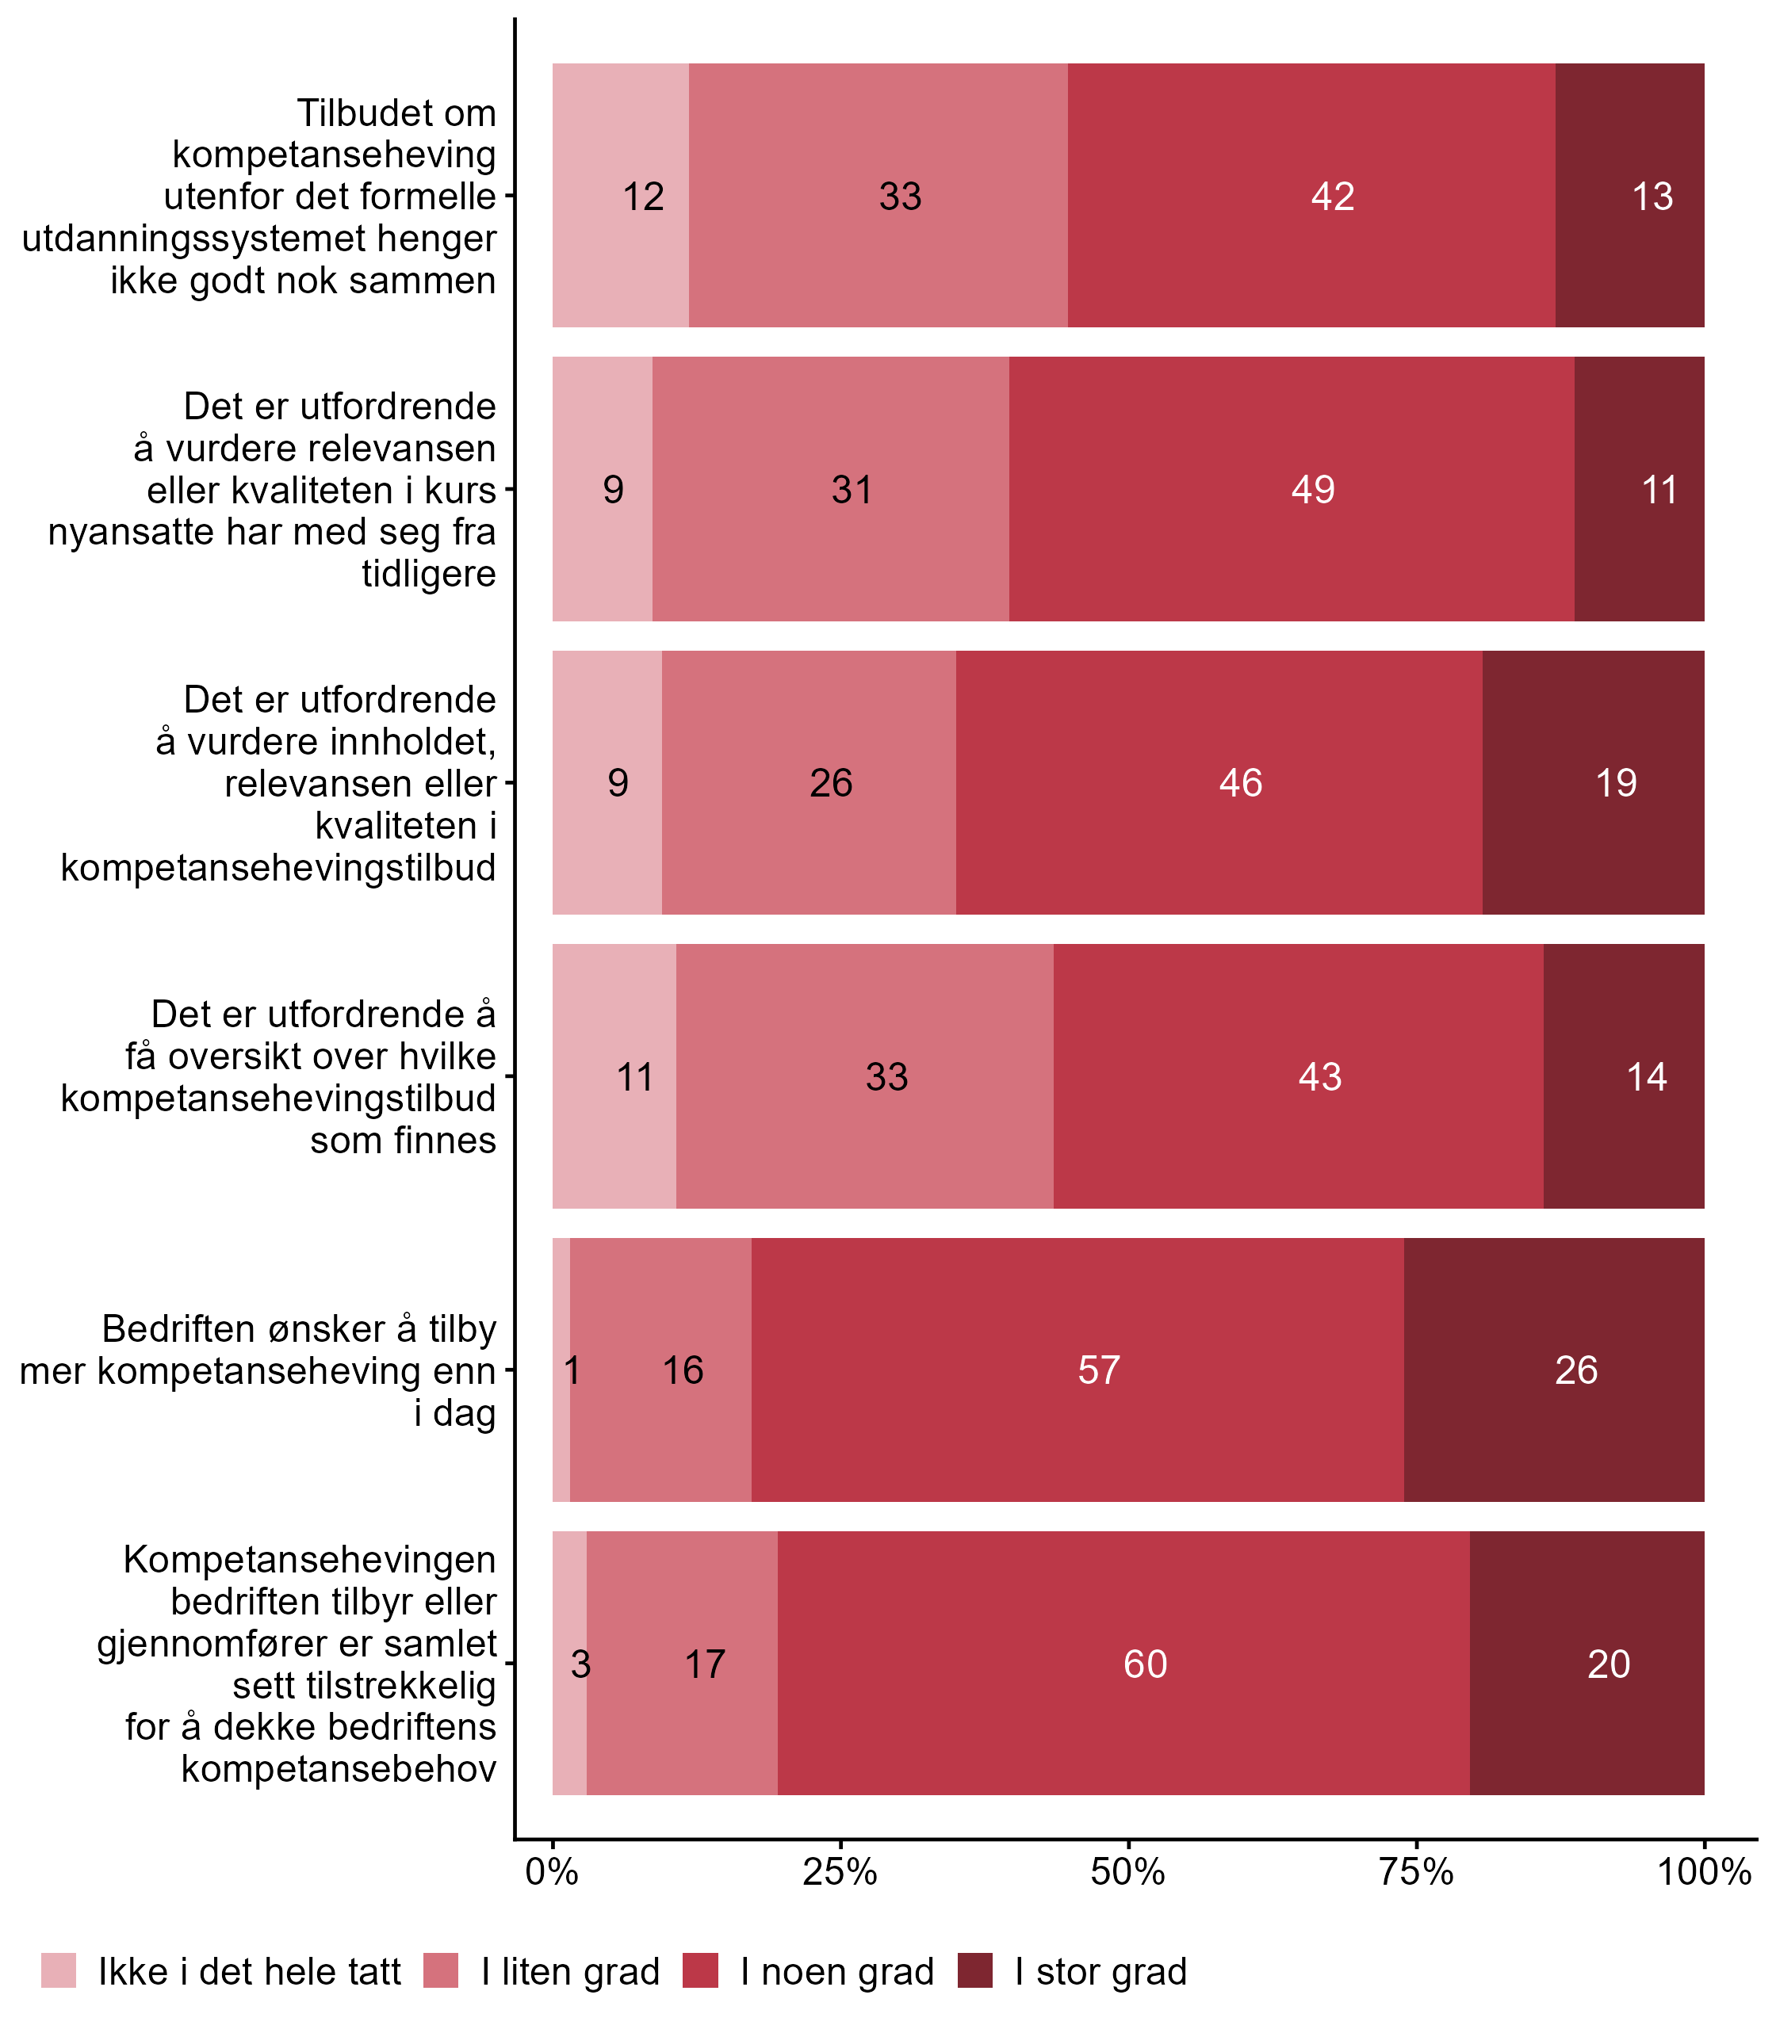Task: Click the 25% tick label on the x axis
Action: [840, 1871]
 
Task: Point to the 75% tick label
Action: [1416, 1871]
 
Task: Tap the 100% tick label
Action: [1704, 1871]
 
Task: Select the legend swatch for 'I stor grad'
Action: [975, 1970]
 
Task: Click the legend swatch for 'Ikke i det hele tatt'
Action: [59, 1970]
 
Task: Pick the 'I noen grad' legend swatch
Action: [701, 1970]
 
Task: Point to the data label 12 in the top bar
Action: [642, 197]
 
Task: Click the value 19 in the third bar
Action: [1616, 783]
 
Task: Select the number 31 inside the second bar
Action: [852, 490]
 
